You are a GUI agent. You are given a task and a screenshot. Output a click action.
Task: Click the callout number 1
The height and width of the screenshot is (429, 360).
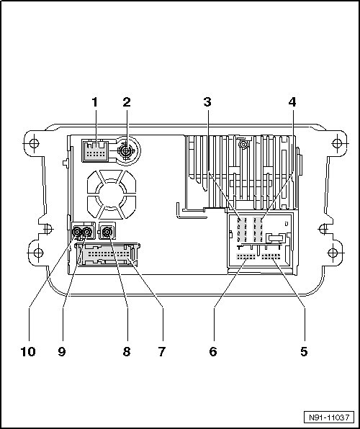click(95, 102)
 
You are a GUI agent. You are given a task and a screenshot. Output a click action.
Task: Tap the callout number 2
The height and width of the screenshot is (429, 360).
click(127, 102)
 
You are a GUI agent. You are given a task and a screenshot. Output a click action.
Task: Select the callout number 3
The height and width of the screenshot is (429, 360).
click(207, 102)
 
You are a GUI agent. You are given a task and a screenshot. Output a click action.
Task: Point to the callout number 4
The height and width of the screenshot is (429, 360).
click(292, 102)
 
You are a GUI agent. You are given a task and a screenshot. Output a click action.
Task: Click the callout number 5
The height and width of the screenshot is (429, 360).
click(304, 351)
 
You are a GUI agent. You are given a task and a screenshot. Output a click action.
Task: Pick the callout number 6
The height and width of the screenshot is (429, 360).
click(213, 351)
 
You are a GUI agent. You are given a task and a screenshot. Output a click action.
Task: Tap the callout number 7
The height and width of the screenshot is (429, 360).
click(162, 351)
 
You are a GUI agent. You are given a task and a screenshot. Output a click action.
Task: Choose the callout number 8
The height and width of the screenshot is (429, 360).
click(127, 351)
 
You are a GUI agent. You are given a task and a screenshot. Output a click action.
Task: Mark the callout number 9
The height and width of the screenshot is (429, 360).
click(62, 351)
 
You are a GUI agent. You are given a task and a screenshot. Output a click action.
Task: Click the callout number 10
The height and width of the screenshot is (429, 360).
click(28, 351)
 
